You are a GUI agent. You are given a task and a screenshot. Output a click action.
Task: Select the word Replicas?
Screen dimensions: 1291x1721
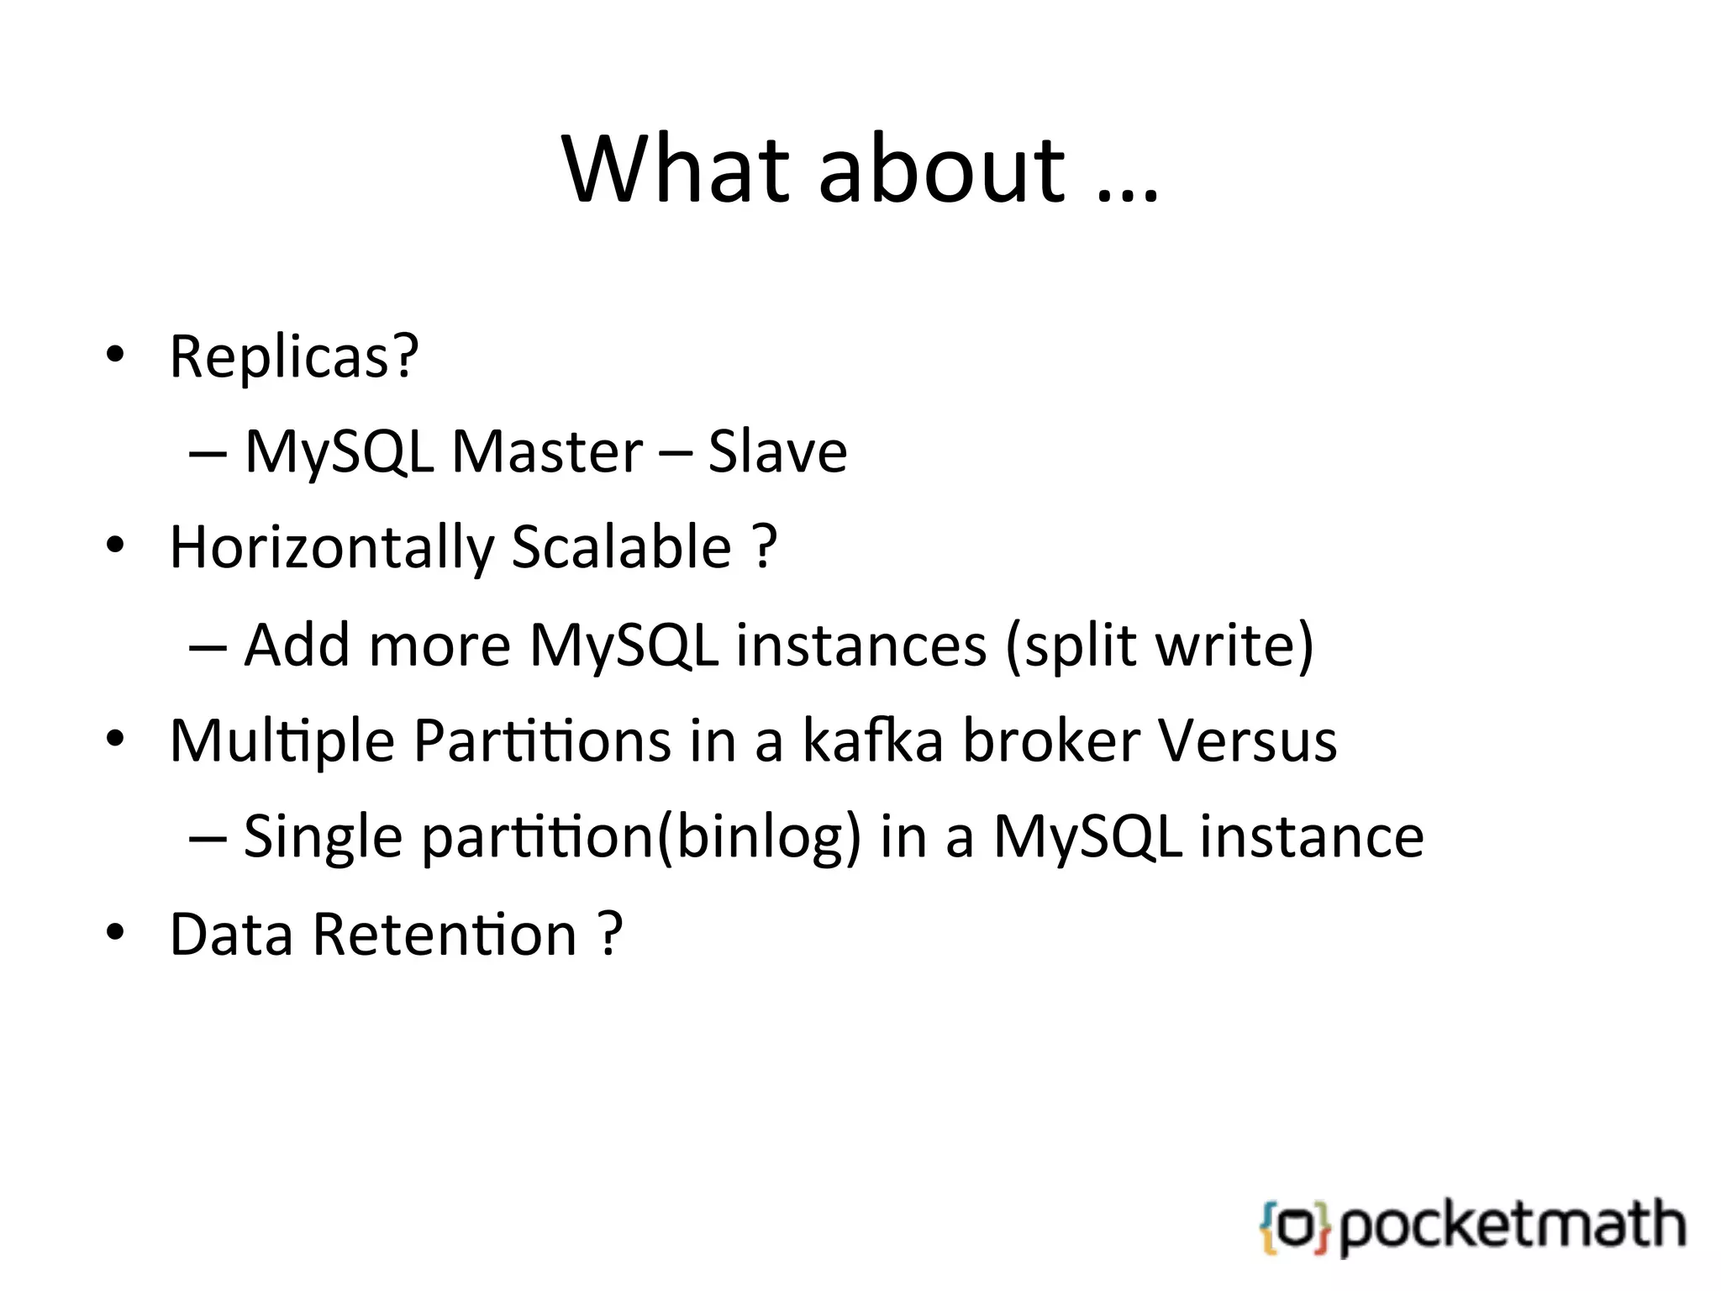click(294, 356)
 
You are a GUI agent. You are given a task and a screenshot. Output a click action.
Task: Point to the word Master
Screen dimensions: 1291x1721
click(547, 452)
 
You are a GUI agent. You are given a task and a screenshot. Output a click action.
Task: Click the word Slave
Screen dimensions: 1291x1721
click(777, 452)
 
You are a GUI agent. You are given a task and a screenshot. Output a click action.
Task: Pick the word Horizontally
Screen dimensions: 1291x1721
click(332, 548)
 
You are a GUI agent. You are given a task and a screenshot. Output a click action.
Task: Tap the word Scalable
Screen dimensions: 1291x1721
click(621, 546)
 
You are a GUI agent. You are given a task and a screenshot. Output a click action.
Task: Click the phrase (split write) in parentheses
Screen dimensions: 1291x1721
click(1159, 645)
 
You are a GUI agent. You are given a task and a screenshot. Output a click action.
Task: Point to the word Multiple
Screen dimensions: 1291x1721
click(282, 741)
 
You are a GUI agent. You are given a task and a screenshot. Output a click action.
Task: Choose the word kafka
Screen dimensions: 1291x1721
click(872, 740)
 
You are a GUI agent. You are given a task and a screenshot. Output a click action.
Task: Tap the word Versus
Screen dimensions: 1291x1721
click(1246, 740)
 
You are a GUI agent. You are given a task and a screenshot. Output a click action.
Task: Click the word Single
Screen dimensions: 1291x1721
click(323, 837)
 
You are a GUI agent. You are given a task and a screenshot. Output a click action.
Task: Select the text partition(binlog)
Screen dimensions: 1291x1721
click(640, 837)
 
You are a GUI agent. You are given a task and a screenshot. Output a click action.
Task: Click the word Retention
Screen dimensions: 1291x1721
click(445, 934)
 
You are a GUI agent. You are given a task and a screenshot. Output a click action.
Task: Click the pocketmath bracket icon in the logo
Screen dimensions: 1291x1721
click(1295, 1228)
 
